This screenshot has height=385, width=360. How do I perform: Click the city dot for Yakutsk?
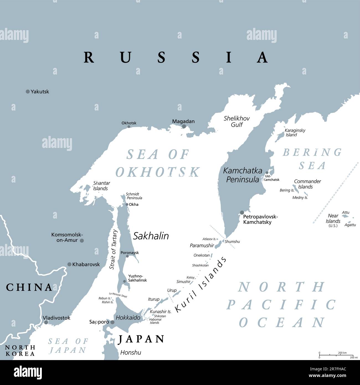coord(28,92)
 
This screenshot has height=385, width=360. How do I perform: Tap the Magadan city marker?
coord(184,126)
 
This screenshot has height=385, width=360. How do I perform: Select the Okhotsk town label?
coord(129,123)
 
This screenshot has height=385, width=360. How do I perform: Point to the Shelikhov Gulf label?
coord(236,122)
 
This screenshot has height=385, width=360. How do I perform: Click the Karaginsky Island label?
coord(295,133)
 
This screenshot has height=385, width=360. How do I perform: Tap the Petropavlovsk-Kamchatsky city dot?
coord(242,213)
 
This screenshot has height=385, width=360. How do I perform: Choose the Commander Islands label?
coord(307,184)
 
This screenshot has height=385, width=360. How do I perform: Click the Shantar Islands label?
coord(101,186)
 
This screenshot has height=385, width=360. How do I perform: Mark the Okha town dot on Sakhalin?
coord(127,204)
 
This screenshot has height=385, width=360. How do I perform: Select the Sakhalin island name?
coord(151,236)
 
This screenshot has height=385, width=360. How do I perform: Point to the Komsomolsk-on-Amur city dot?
coord(82,241)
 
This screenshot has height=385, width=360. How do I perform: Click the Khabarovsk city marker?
coord(70,264)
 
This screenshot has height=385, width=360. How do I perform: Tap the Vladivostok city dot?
coord(46,322)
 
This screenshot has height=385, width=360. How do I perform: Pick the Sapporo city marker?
coord(112,322)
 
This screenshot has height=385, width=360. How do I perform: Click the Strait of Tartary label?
coord(114,249)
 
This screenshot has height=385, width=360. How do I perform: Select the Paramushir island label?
coord(202,245)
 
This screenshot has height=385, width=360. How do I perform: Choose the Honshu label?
coord(130,353)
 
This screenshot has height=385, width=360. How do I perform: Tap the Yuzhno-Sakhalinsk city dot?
coord(125,281)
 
